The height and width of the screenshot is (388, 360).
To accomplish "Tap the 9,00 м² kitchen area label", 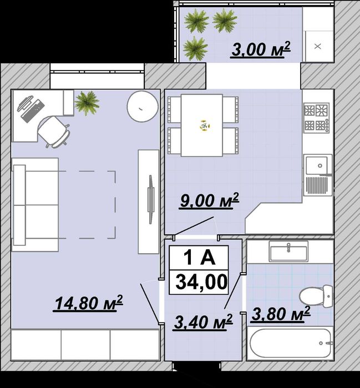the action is point(209,200).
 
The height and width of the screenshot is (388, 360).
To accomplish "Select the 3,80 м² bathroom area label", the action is point(280,314).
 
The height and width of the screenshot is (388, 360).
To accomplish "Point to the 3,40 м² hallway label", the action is point(203,322).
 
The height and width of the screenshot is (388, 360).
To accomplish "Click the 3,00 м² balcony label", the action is point(260,49).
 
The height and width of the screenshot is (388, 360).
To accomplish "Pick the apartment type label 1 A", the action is point(199,258).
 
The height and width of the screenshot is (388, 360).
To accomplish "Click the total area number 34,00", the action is point(201,281).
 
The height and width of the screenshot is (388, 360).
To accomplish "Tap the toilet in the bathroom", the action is point(316,296).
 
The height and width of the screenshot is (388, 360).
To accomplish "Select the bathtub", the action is point(290,343).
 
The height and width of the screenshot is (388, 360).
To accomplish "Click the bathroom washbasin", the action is point(288,251).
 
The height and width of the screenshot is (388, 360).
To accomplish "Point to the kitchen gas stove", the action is point(317,118).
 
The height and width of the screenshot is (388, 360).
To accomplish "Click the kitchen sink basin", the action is point(317,165).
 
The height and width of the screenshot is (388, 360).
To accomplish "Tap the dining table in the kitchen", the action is point(202,125).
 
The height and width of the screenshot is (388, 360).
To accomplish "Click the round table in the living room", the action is point(143,107).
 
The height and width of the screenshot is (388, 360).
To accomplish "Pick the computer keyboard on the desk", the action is point(33,111).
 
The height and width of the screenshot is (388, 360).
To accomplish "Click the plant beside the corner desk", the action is point(87,103).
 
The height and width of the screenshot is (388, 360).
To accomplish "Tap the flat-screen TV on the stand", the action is point(150,199).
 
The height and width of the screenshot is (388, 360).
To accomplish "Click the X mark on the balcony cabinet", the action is point(317,46).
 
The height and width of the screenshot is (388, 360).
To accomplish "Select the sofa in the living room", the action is point(35,205).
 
